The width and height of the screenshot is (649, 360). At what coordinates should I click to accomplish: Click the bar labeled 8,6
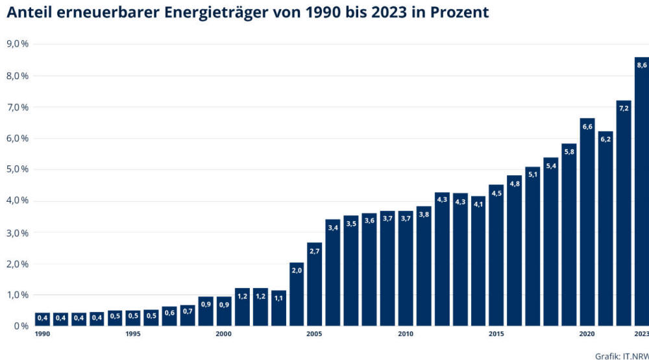point(641,195)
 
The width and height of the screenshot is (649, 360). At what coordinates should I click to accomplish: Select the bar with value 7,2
point(624,214)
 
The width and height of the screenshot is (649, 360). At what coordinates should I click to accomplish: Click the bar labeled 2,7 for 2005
point(315,285)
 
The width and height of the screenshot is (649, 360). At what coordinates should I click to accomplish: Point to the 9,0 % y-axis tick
point(18,44)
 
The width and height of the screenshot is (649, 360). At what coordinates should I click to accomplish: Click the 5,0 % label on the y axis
point(18,169)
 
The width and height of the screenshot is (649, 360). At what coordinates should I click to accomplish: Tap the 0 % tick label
point(21,326)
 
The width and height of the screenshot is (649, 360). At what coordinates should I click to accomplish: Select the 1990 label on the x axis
point(43,334)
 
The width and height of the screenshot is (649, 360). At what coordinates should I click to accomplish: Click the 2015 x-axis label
point(496,334)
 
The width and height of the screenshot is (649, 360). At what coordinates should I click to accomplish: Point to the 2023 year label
point(641,334)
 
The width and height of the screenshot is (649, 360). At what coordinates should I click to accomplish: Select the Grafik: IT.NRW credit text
point(622,355)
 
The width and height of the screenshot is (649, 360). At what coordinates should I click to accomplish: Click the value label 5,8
point(569,152)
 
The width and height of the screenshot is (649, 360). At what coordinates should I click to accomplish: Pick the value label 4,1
point(478,204)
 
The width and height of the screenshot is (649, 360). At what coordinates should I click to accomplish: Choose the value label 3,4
point(333,228)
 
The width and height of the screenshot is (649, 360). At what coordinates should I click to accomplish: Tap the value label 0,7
point(188,311)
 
